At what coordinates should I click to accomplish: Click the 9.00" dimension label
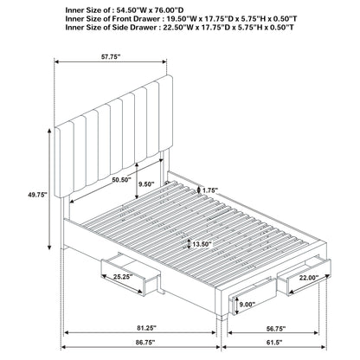point(245,305)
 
